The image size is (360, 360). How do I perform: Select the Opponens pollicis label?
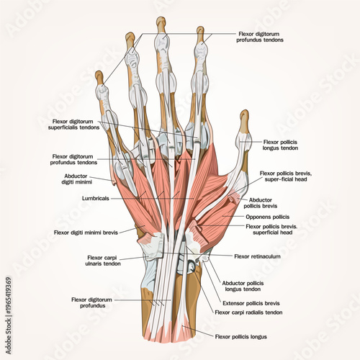tap(268, 216)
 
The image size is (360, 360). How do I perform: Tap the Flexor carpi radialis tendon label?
tap(249, 312)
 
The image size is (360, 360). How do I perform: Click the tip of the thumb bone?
tap(245, 114)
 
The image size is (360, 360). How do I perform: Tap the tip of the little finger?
tap(99, 74)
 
